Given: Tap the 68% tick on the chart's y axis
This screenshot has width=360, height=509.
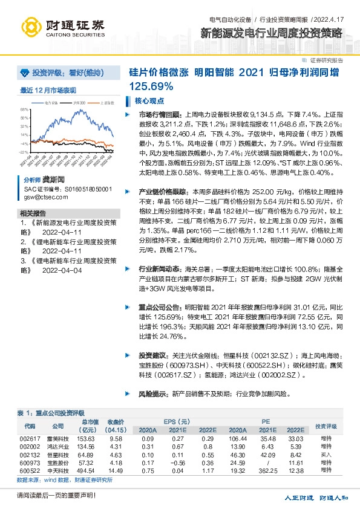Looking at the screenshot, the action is pyautogui.click(x=25, y=110).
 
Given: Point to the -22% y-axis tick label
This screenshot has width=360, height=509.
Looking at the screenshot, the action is pyautogui.click(x=24, y=152).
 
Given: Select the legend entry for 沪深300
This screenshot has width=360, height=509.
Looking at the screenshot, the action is pyautogui.click(x=80, y=103).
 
